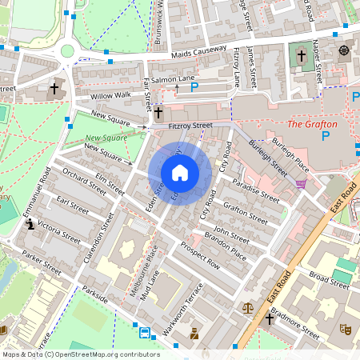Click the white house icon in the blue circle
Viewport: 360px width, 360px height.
[180, 172]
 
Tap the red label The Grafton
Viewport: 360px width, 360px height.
[311, 124]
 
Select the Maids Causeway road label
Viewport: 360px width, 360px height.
[199, 54]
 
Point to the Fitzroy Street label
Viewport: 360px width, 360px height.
[190, 126]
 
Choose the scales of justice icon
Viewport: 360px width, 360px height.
[248, 306]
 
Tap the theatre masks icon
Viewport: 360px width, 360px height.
[347, 328]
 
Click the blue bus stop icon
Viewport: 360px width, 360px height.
[145, 333]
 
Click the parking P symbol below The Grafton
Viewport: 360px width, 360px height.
[325, 137]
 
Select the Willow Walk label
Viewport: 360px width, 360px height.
[110, 96]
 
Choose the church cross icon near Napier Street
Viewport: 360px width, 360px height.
[301, 56]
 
